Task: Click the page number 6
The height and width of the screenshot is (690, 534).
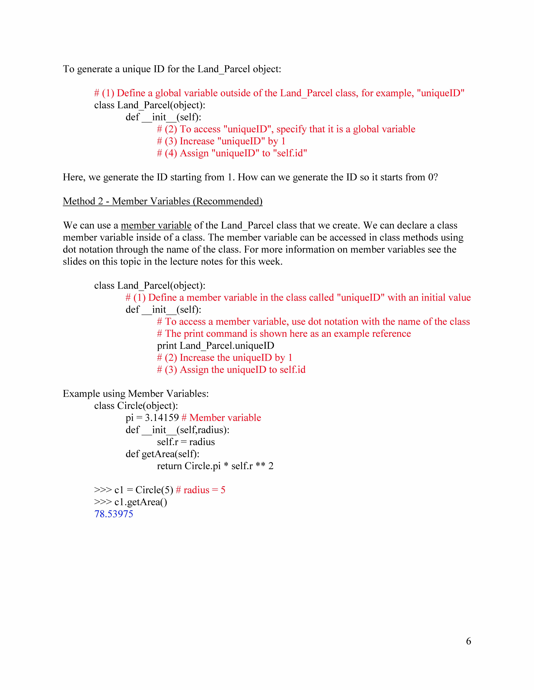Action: pos(468,641)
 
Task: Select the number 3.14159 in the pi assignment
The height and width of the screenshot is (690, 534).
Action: pos(162,418)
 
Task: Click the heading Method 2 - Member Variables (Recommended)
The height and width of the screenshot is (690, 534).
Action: pos(163,201)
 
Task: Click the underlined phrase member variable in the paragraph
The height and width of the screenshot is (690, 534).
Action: pos(156,225)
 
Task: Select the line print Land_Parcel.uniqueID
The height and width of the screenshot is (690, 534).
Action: pos(215,346)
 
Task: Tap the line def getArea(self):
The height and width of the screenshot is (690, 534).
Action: pos(162,454)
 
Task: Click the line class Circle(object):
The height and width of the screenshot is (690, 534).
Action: pos(136,406)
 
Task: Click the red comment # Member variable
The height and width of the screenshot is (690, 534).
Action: pos(221,418)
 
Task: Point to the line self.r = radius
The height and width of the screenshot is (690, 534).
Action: pos(186,442)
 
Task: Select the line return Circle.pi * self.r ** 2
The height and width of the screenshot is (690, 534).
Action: pos(215,466)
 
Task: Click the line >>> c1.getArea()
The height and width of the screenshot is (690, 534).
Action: pos(131,502)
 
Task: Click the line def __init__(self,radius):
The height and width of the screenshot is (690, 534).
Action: pos(178,430)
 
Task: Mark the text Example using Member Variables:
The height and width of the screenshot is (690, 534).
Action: pos(136,394)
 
